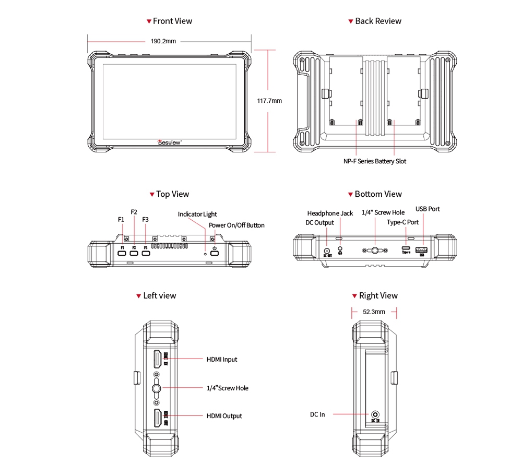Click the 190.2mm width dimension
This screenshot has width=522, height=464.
coord(163,41)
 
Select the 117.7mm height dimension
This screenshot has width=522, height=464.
coord(269,101)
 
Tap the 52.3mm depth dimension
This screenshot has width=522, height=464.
coord(374,312)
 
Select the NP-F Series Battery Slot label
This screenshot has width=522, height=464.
coord(374,161)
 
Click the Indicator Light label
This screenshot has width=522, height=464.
coord(197,215)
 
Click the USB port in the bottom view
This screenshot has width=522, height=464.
coord(421,250)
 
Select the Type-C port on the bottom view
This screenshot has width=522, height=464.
coord(406,248)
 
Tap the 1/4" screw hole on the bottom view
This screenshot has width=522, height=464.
coord(375,251)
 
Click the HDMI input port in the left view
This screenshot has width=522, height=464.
coord(157,359)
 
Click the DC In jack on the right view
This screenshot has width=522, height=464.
coord(375,414)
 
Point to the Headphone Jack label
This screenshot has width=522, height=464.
coord(330,213)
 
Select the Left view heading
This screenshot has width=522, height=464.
coord(160,296)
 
